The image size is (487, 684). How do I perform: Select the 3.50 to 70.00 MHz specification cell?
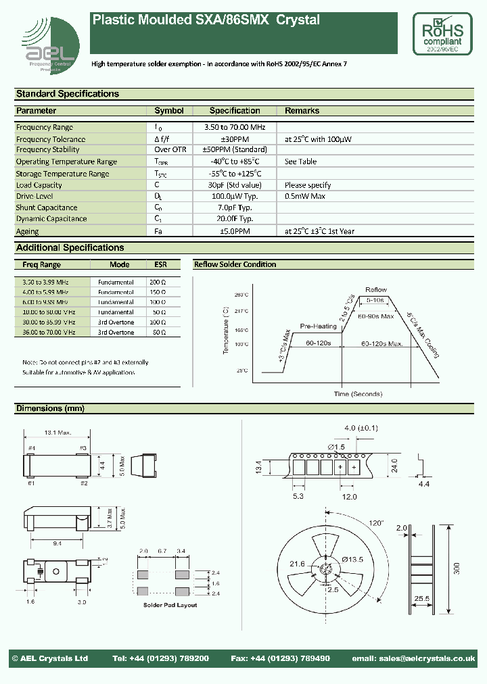point(235,127)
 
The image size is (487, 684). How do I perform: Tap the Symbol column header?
point(169,111)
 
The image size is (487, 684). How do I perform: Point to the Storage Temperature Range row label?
point(62,174)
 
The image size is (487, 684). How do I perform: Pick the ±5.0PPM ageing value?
point(235,231)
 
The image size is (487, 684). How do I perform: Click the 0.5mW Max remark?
point(305,196)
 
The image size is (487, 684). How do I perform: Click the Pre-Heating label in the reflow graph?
point(318,326)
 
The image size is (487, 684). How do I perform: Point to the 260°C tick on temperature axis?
point(242,295)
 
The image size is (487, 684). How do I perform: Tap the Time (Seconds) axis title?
point(357,394)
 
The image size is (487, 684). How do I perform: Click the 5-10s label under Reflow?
point(375,299)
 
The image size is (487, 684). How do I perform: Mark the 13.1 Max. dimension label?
point(58,433)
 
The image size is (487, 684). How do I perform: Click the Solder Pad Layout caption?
point(170,605)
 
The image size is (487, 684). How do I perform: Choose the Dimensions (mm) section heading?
point(50,409)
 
